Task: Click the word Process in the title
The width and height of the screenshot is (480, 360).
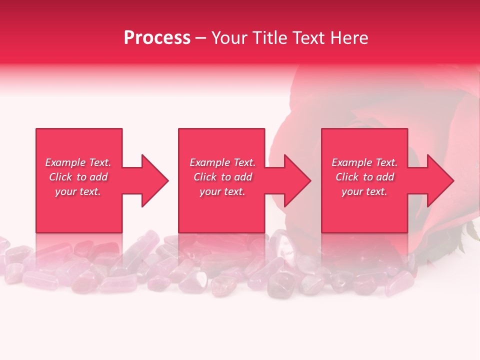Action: (157, 38)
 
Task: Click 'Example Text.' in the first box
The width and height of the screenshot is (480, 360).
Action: (78, 162)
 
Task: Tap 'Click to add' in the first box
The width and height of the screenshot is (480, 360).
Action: (78, 177)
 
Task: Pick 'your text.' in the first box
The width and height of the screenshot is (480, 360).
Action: (78, 191)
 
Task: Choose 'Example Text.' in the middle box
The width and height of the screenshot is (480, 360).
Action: (222, 162)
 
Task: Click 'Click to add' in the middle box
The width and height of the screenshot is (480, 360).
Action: (222, 177)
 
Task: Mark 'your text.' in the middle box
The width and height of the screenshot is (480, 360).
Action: (222, 191)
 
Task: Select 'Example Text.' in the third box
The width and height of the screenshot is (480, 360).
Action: (364, 162)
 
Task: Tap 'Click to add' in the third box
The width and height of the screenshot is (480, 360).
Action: (364, 177)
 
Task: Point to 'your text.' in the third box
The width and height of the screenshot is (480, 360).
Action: (364, 191)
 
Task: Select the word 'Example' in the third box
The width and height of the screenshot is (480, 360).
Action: (352, 162)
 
